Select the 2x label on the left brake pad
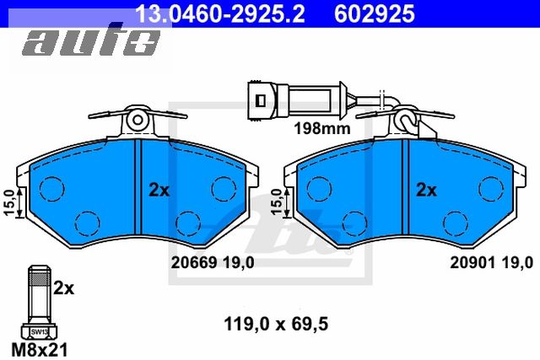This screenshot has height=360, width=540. tap(159, 191)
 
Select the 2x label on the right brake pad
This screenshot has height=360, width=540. tap(426, 191)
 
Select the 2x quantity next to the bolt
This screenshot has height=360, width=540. tap(64, 288)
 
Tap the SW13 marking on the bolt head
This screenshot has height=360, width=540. tap(39, 331)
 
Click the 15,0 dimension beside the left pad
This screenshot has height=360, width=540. tap(9, 203)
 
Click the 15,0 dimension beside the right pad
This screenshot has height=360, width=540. tap(274, 203)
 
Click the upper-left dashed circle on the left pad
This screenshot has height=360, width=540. tap(53, 186)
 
